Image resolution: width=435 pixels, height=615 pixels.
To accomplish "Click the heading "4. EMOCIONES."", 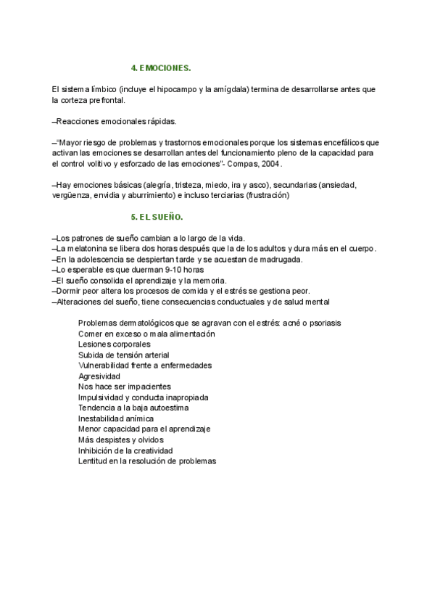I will [160, 68].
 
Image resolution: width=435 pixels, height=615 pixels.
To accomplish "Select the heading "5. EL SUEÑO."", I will [157, 217].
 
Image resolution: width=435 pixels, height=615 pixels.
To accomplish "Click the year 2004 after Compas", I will [270, 164].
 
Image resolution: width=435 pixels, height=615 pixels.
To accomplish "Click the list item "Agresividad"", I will [99, 376].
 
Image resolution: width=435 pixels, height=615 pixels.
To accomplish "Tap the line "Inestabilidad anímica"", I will [116, 418].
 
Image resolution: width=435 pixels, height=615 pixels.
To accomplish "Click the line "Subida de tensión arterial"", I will [123, 355].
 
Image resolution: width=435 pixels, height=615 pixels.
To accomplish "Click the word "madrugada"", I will [280, 260].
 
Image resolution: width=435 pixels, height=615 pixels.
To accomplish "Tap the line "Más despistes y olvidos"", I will [120, 439].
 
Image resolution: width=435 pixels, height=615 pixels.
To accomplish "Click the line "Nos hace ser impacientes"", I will [125, 387].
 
